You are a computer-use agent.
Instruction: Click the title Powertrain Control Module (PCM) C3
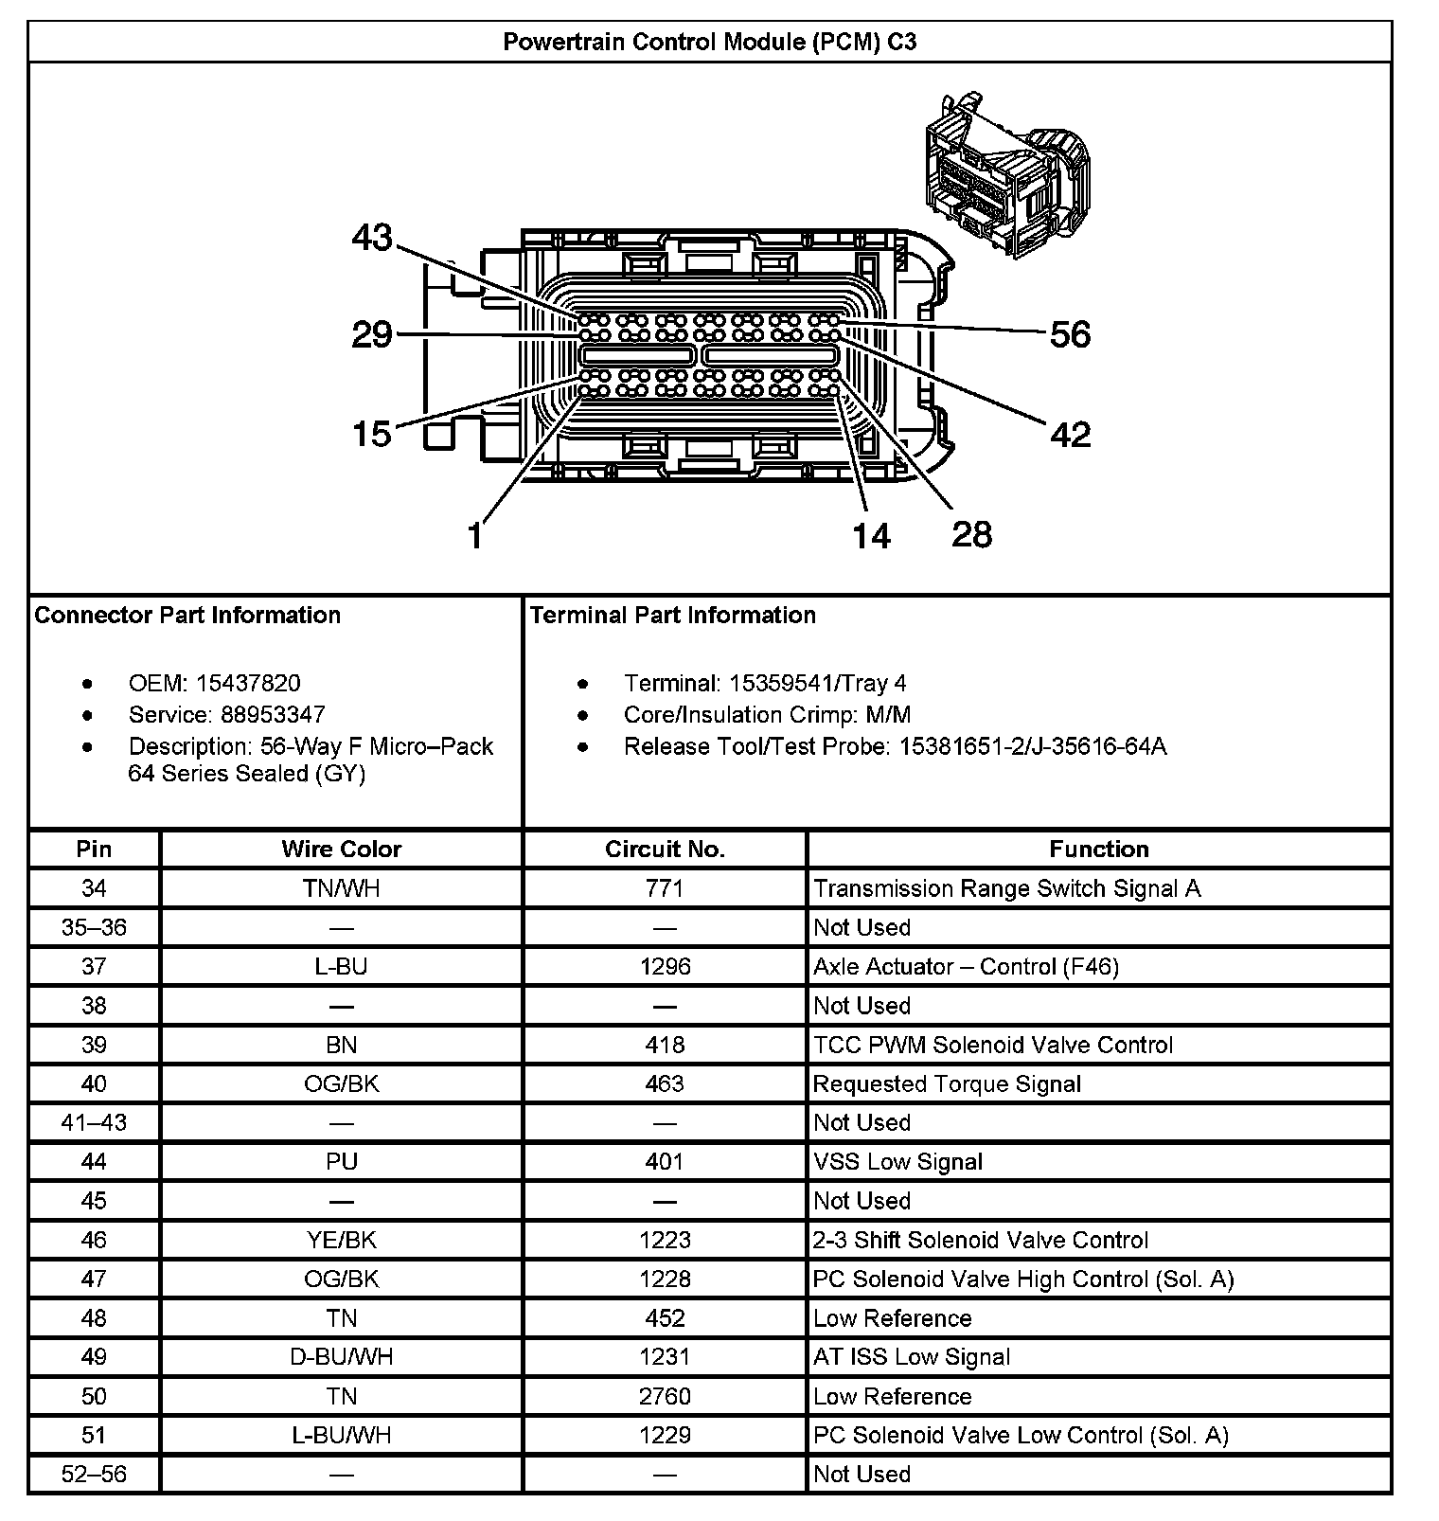[709, 42]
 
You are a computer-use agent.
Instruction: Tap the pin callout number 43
[371, 237]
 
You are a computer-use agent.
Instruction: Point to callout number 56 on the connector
[1070, 334]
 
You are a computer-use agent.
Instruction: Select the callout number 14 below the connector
[871, 536]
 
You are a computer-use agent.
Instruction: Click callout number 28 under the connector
[971, 534]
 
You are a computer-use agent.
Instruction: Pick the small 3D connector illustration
[1007, 175]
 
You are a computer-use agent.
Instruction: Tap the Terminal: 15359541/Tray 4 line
[764, 683]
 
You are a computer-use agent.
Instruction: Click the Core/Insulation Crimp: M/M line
[767, 714]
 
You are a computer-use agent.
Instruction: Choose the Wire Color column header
[341, 849]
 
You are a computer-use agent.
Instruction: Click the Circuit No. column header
[665, 849]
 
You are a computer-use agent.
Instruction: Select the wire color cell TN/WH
[341, 888]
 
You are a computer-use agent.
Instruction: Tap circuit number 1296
[665, 966]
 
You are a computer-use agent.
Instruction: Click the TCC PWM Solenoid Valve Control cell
[992, 1045]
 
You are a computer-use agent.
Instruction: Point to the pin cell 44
[94, 1161]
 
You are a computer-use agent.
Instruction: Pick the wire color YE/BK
[341, 1240]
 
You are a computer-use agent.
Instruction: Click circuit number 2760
[665, 1396]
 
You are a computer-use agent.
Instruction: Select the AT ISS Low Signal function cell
[911, 1356]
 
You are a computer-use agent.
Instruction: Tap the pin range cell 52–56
[94, 1474]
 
